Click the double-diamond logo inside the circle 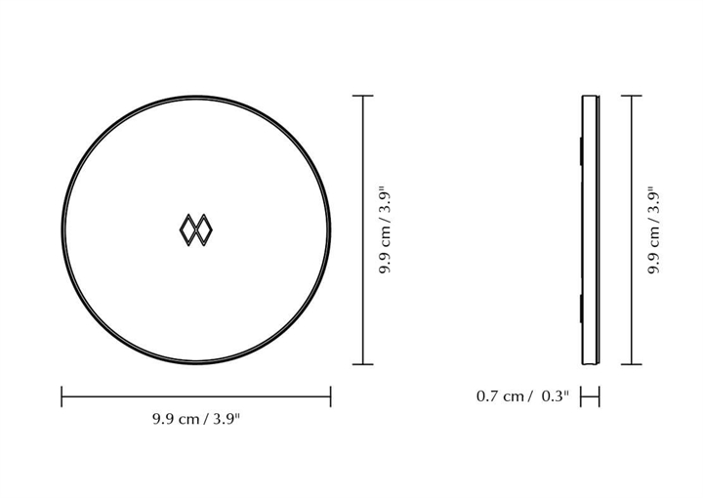(196, 229)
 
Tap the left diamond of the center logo (188, 229)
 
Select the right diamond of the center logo (204, 229)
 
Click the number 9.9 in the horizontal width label (163, 419)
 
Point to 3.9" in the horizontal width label (227, 419)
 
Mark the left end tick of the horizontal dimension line (62, 396)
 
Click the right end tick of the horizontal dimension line (330, 396)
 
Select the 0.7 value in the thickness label (487, 396)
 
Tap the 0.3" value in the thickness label (555, 396)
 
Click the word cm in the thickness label (513, 397)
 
